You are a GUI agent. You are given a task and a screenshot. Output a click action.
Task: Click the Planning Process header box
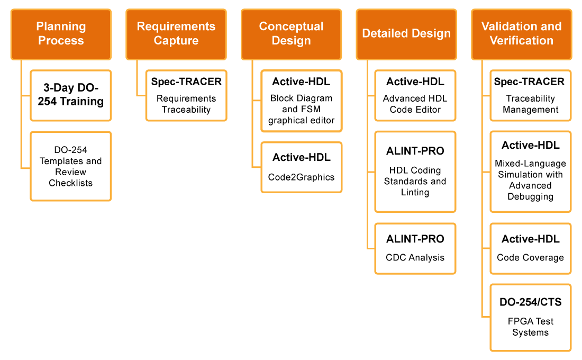coord(61,34)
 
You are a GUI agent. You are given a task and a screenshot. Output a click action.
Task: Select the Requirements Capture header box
coord(176,34)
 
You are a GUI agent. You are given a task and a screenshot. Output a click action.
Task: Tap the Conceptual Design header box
coord(291,34)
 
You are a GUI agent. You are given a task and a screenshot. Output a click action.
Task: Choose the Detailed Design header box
coord(406,34)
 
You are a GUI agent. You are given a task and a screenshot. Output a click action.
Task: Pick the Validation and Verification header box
coord(521,34)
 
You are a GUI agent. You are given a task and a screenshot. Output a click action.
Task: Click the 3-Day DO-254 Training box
coord(71,95)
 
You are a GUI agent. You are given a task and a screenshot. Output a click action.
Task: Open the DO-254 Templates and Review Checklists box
coord(71,166)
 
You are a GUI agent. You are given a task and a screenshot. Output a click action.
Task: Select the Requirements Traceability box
coord(186,95)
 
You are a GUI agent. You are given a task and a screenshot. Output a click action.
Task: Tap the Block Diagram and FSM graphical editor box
coord(301,101)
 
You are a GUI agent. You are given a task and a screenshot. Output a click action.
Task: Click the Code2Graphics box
coord(301,167)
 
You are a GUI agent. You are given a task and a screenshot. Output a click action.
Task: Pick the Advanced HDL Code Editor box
coord(415,95)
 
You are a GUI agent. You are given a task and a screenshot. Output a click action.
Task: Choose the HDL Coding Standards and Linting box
coord(415,172)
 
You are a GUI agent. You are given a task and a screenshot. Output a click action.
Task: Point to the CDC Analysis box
coord(415,248)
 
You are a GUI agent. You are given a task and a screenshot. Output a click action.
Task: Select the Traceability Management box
coord(530,95)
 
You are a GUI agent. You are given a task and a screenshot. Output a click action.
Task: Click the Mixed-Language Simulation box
coord(530,172)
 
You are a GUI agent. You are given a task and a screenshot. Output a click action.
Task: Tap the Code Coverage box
coord(530,248)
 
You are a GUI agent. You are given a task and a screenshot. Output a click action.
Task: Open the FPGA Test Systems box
coord(530,318)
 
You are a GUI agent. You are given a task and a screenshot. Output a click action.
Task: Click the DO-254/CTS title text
coord(530,302)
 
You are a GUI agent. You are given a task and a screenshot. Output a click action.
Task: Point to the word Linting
coord(415,193)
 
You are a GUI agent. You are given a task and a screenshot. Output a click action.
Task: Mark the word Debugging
coord(530,197)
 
